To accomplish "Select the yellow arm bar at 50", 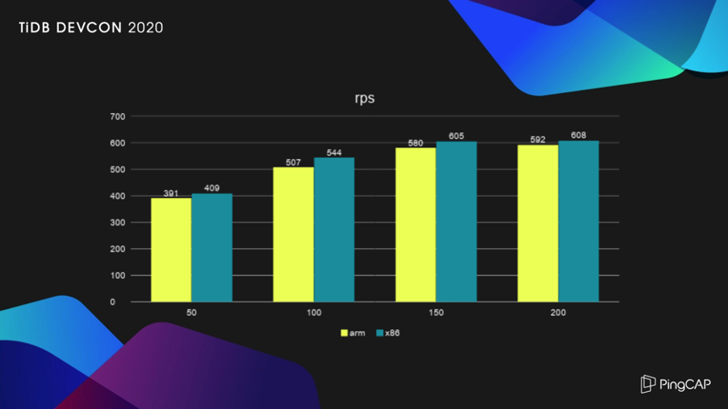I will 171,250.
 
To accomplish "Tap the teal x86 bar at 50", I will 211,247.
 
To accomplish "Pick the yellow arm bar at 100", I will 293,234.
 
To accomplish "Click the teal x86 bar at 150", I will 456,221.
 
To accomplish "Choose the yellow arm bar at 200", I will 538,223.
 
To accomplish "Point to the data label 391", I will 171,193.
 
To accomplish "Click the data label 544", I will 334,152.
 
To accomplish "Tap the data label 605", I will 456,137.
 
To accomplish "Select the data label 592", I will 538,139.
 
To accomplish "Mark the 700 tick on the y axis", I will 118,116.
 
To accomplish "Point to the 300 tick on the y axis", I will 118,223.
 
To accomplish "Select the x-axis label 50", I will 191,312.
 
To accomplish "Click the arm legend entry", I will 354,332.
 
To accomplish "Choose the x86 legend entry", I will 387,332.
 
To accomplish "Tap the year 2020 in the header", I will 145,27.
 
